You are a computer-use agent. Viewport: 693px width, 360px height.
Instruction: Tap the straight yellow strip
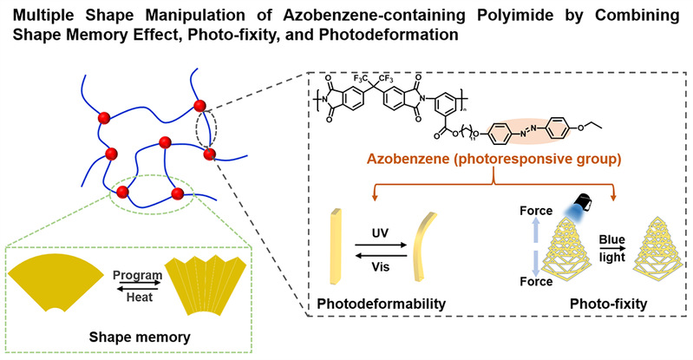[x=335, y=245]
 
